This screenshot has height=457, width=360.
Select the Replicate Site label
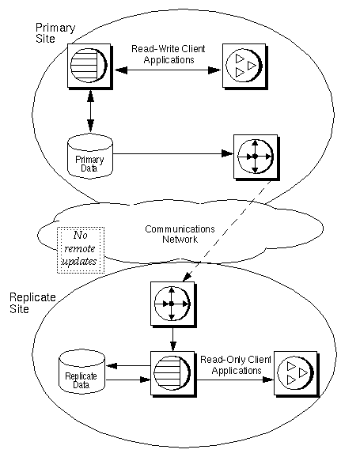pyautogui.click(x=30, y=303)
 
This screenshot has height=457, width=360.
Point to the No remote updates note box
pyautogui.click(x=79, y=249)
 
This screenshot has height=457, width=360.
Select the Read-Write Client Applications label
pyautogui.click(x=169, y=54)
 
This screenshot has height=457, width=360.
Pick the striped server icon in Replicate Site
pyautogui.click(x=172, y=377)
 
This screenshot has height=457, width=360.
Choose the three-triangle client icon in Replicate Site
pyautogui.click(x=297, y=377)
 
